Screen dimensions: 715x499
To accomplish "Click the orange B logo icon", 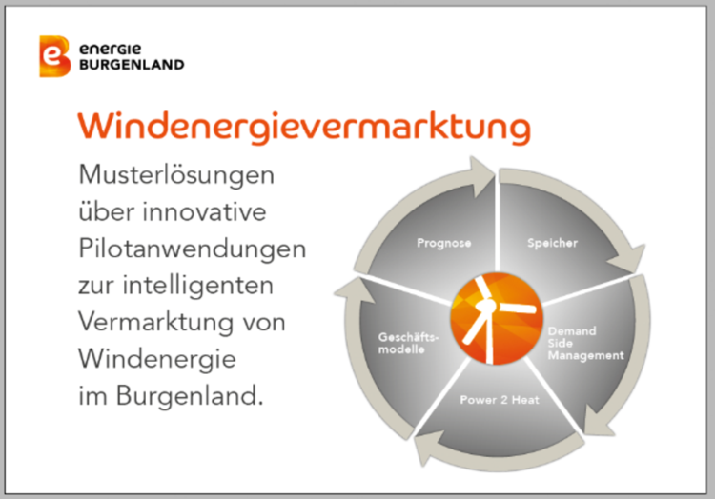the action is [x=55, y=56].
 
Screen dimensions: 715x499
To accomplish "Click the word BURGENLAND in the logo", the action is [x=132, y=65].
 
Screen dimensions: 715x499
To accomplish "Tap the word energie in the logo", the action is [x=111, y=49].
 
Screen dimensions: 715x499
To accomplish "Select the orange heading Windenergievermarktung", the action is [x=304, y=127].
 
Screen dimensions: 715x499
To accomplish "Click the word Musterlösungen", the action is [x=176, y=176].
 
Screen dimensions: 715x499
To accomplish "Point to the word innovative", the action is [x=205, y=211].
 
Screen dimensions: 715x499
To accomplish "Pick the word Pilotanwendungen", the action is [x=192, y=249].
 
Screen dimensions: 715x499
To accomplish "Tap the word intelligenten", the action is [x=198, y=286].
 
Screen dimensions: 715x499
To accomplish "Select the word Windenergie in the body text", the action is [x=157, y=359].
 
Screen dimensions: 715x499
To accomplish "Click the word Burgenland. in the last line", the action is [x=190, y=396].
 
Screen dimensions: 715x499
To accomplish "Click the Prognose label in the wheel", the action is [x=444, y=243].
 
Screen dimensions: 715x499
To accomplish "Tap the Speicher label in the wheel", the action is [x=553, y=243].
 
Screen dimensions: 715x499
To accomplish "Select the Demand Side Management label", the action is [x=586, y=343].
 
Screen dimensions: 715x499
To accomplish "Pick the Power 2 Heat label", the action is [x=500, y=400].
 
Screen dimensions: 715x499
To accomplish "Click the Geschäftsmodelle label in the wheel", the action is [x=409, y=343].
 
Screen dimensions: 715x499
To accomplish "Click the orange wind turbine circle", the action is [x=496, y=319].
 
